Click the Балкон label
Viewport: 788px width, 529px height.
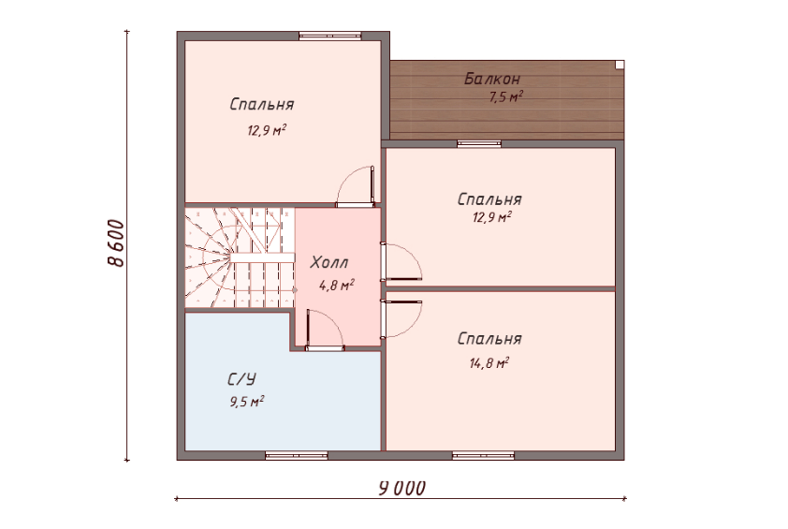492,79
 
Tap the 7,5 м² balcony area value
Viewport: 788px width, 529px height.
506,96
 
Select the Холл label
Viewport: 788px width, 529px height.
329,262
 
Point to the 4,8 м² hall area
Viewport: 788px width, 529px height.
336,286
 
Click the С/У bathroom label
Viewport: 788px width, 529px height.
241,379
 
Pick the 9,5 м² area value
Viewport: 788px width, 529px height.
247,402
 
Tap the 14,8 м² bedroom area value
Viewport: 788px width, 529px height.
489,362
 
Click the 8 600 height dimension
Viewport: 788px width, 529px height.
116,243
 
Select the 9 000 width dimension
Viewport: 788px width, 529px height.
402,488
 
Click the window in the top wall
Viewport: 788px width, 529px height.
330,36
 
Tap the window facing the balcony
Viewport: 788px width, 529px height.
479,144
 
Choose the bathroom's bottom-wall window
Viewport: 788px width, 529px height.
297,456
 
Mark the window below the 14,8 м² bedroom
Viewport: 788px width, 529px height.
483,456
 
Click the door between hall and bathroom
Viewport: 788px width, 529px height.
325,330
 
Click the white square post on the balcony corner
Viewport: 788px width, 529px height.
620,65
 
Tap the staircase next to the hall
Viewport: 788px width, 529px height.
240,257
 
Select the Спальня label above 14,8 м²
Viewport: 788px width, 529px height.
489,339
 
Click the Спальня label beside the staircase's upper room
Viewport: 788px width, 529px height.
262,104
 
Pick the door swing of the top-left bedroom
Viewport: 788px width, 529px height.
356,185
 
